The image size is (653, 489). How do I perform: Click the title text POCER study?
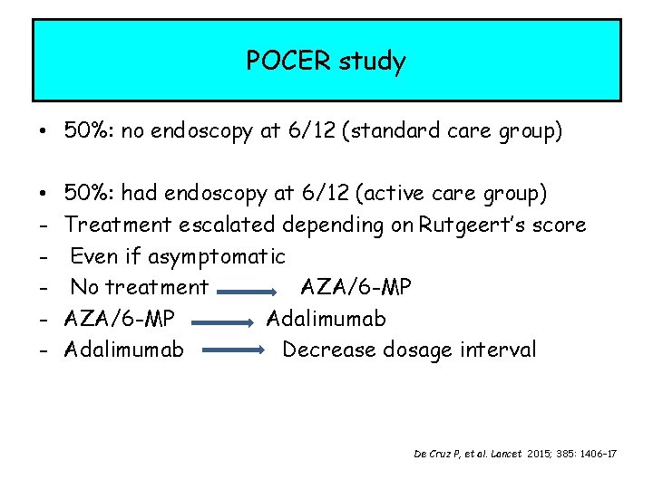326,62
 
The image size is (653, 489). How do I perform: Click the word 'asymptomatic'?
216,256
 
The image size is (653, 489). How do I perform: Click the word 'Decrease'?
324,350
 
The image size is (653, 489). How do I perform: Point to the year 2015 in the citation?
537,452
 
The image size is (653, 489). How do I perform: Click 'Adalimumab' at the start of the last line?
124,350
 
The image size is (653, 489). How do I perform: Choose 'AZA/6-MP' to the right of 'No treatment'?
356,288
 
